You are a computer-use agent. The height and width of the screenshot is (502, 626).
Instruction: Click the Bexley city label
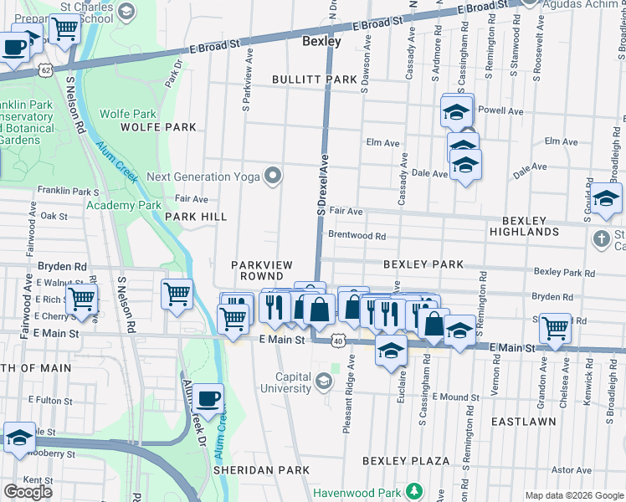(x=321, y=40)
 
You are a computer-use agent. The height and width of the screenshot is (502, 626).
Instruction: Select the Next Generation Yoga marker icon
(x=272, y=176)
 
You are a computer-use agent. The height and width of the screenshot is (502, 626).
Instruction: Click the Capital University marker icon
(x=323, y=382)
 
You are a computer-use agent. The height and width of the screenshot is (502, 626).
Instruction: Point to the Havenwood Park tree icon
(x=412, y=489)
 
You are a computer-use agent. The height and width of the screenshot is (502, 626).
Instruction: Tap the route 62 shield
(x=51, y=69)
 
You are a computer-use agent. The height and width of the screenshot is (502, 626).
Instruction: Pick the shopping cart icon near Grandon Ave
(x=555, y=327)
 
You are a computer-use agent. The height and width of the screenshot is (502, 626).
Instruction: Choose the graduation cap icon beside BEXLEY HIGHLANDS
(x=606, y=198)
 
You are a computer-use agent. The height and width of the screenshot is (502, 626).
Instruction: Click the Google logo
(x=28, y=491)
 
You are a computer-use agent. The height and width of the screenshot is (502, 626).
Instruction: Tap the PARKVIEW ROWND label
(x=262, y=270)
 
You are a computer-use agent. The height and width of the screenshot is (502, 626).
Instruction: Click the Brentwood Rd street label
(x=357, y=236)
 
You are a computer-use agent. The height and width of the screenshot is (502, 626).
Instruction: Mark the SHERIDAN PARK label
(x=250, y=470)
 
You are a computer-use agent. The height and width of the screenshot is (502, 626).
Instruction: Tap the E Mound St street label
(x=456, y=397)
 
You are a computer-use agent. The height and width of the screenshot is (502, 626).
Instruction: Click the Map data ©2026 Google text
(x=574, y=495)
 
